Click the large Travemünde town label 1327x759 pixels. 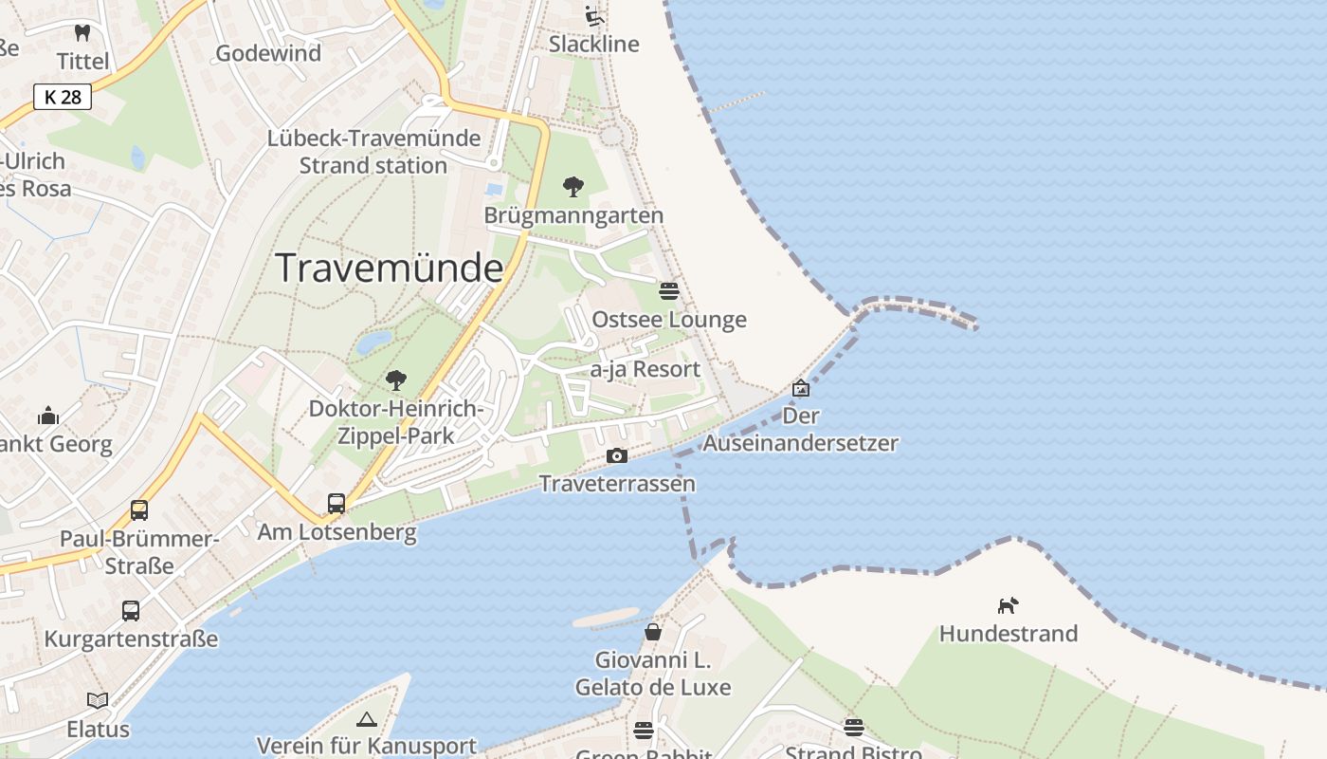click(389, 268)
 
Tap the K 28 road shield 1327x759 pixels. click(63, 97)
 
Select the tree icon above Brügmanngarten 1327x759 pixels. click(573, 187)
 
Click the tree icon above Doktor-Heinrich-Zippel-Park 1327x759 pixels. click(396, 380)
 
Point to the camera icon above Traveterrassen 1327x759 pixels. click(617, 456)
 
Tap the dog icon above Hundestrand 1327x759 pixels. click(1008, 605)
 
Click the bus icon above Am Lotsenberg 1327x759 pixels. click(336, 504)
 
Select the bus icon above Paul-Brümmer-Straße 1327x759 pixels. click(139, 510)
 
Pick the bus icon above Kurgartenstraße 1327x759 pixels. click(131, 611)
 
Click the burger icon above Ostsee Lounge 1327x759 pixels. click(669, 290)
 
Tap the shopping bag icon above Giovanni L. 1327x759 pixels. click(653, 631)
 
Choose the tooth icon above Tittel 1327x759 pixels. click(82, 32)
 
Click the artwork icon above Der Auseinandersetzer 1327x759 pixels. click(801, 388)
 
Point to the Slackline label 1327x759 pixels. click(594, 44)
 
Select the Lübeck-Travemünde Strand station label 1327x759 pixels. click(373, 152)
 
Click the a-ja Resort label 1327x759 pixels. click(645, 369)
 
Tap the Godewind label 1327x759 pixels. click(268, 53)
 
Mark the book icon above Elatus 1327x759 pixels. click(98, 701)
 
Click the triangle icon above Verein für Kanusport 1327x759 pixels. click(367, 719)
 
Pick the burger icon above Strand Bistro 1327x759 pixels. click(853, 728)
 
